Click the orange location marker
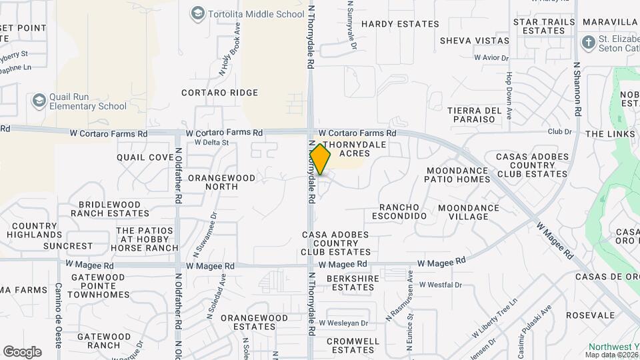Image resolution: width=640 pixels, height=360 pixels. [x=321, y=159]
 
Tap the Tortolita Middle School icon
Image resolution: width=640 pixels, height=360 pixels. [x=197, y=13]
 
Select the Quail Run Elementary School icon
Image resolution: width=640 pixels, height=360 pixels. [x=39, y=100]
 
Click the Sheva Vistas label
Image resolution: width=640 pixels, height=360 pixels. [x=474, y=41]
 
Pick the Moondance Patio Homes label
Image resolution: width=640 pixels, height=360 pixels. [x=458, y=175]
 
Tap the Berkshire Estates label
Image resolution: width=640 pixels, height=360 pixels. [x=353, y=283]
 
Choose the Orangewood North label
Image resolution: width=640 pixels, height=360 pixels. [x=221, y=182]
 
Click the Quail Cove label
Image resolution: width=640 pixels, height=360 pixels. [x=145, y=157]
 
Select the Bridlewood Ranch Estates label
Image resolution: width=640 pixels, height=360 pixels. [x=110, y=209]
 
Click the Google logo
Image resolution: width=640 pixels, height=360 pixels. [x=22, y=352]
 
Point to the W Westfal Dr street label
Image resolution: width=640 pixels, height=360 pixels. [x=440, y=285]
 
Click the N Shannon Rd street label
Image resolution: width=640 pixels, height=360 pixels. [x=577, y=90]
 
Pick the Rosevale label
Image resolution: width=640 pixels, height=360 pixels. [x=590, y=315]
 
